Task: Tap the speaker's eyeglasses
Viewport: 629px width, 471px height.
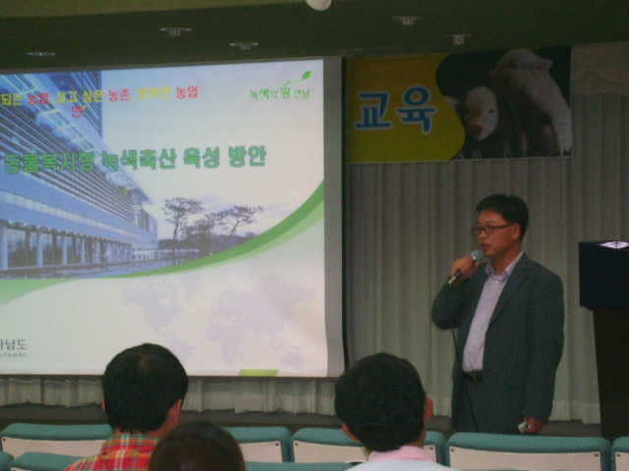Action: click(490, 229)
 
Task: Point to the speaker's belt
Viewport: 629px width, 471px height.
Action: click(474, 376)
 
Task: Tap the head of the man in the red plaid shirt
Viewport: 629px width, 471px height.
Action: click(144, 388)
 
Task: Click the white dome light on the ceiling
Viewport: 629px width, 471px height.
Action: click(318, 4)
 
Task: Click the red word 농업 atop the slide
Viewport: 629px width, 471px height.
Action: click(187, 92)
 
